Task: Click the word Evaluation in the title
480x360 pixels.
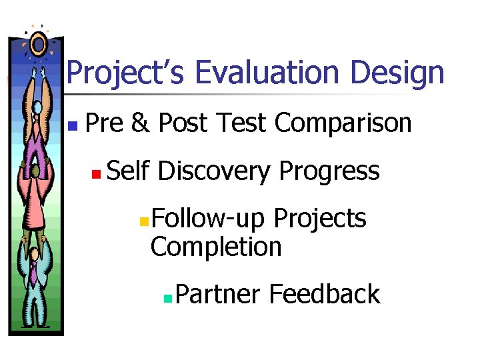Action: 269,73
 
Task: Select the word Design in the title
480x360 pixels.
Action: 397,73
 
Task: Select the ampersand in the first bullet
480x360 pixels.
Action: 140,123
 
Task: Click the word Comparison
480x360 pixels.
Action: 343,123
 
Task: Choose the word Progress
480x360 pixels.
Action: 329,172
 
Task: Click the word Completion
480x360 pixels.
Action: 216,247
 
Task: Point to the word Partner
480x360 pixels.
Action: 218,294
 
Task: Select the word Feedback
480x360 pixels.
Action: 325,294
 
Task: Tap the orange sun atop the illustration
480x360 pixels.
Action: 39,45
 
